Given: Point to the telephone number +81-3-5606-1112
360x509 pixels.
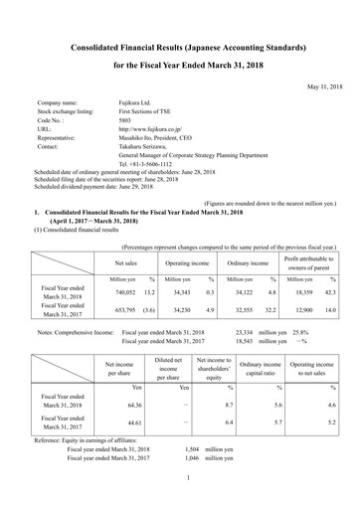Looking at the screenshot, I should coord(154,163).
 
